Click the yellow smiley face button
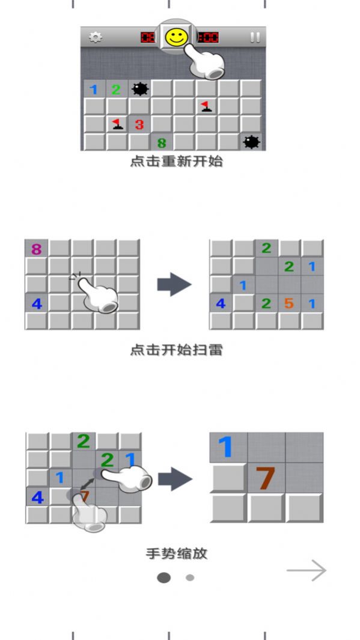coord(176,37)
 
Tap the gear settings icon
coord(95,37)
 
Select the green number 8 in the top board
coord(161,143)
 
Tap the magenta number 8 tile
coord(36,249)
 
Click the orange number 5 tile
coord(289,303)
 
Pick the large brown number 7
coord(265,478)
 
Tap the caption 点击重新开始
coord(176,162)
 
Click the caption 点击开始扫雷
coord(176,350)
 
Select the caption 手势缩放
coord(176,553)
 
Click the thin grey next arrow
coord(307,571)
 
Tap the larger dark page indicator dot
coord(163,578)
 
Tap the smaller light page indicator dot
coord(190,578)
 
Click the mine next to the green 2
coord(139,90)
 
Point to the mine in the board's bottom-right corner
coord(251,142)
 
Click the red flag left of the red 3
coord(117,124)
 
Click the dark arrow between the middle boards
coord(174,285)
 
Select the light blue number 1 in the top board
coord(94,90)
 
